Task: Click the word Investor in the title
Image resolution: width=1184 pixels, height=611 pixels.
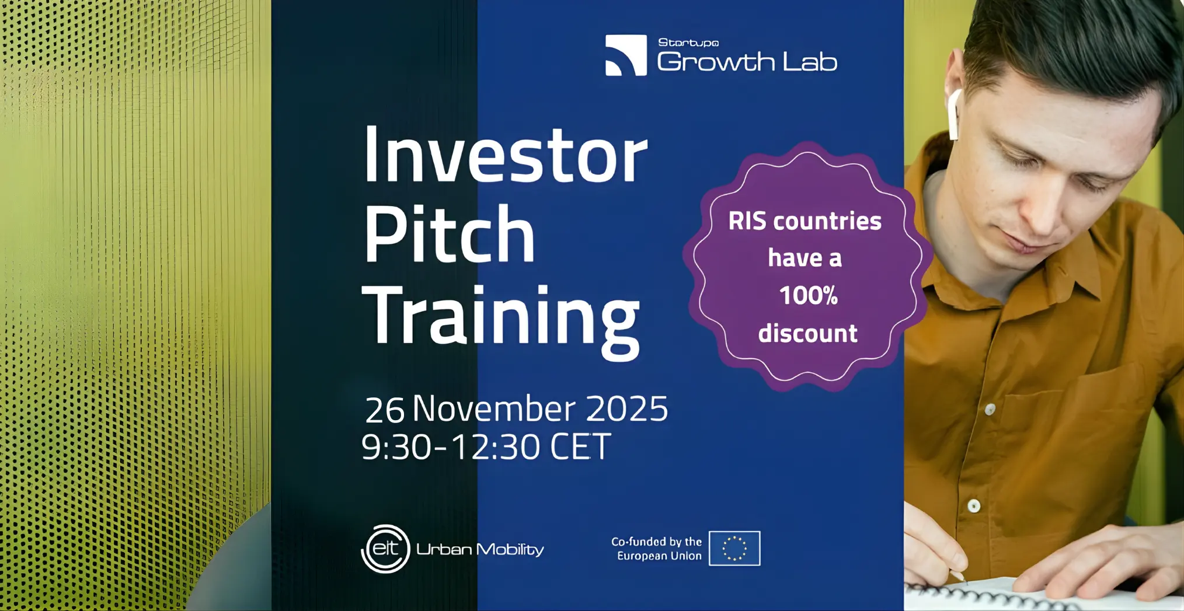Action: point(506,155)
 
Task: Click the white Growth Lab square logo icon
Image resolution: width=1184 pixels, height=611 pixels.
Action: point(626,55)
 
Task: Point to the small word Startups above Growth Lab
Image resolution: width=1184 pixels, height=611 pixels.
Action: point(688,43)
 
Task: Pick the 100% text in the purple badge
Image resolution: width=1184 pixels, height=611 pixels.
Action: point(809,295)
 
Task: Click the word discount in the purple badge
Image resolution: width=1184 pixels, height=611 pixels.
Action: point(808,333)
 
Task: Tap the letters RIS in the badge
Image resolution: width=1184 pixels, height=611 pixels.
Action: point(747,221)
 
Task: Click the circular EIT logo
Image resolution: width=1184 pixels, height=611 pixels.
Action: point(385,549)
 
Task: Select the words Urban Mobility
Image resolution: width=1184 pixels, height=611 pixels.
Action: point(480,549)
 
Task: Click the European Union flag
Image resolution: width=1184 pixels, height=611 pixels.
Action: point(734,548)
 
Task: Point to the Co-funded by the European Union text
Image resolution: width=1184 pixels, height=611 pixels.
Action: point(657,549)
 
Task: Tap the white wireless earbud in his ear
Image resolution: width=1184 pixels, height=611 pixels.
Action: point(954,114)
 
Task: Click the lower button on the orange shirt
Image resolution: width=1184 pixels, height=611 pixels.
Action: point(974,506)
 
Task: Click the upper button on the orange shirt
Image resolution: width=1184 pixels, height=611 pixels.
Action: point(990,410)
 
